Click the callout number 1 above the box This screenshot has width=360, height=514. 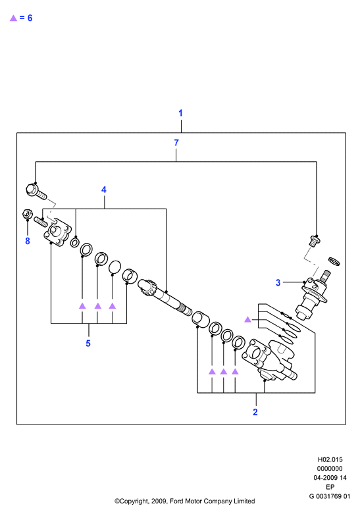point(180,113)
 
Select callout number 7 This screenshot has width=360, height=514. point(176,143)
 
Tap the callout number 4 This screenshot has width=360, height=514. point(104,190)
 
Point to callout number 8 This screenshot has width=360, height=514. point(28,241)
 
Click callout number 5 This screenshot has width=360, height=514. point(88,343)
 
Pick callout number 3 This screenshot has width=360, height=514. point(278,282)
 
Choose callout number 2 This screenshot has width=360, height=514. point(255,412)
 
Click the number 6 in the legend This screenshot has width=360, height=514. point(30,18)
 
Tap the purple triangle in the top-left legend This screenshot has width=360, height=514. point(13,18)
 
